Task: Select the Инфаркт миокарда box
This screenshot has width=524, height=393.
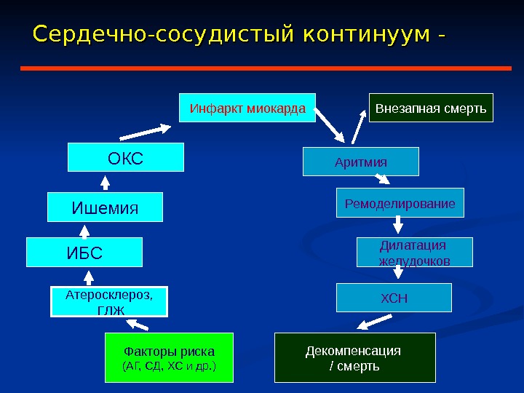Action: point(247,108)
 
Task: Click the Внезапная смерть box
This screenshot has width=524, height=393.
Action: point(431,108)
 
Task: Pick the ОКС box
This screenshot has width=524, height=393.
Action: point(126,157)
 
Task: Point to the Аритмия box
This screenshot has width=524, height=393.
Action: point(361,162)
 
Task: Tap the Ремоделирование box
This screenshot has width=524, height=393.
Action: point(400,203)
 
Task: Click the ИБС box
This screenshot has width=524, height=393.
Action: point(84,253)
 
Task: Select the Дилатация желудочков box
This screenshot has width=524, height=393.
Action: point(414,252)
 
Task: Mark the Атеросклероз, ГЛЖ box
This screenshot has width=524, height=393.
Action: point(109,302)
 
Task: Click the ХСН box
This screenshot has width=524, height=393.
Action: point(394,298)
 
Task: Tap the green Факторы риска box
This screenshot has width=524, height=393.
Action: point(170,357)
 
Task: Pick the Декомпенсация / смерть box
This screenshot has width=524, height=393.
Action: point(354,357)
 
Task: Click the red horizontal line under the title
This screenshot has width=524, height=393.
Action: point(266,68)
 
